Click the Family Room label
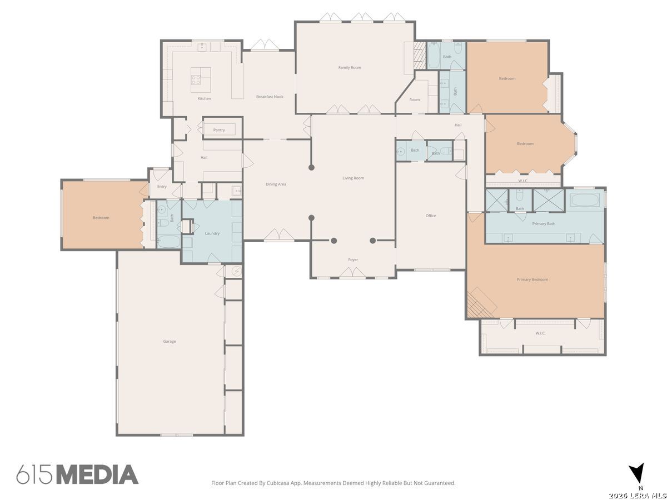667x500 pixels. tap(350, 67)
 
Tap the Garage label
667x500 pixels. tap(170, 341)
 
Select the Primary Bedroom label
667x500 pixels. tap(532, 279)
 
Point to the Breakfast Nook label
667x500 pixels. tap(270, 97)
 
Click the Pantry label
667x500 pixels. tap(219, 130)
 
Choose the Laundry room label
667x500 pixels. tap(212, 233)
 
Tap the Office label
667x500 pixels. tap(431, 216)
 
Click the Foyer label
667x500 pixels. tap(353, 259)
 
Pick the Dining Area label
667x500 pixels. tap(276, 184)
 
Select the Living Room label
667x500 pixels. tap(353, 178)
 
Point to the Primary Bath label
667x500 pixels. tap(544, 224)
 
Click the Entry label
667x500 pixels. tap(162, 187)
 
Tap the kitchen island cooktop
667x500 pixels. tap(196, 80)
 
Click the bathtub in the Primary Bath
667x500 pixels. tap(585, 200)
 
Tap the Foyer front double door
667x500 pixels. tap(352, 272)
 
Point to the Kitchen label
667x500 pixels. tap(204, 98)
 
